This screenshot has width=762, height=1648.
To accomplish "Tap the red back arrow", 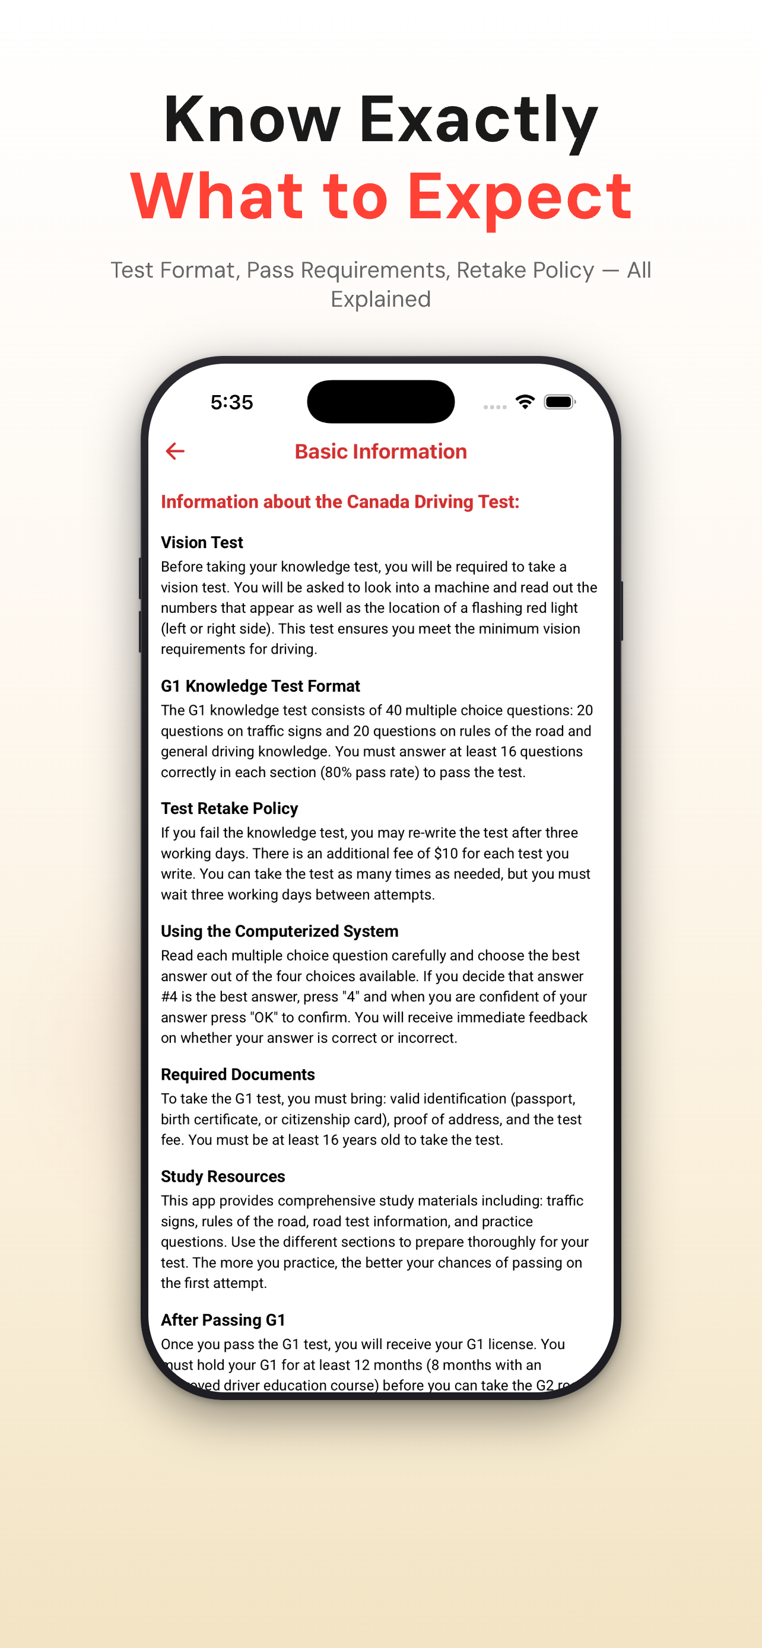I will [174, 451].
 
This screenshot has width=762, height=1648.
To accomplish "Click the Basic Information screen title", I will [380, 451].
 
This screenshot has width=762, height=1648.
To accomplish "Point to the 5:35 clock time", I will [231, 402].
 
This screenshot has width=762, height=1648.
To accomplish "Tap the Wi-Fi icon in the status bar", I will [525, 402].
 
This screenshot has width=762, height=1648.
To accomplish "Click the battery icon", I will [559, 402].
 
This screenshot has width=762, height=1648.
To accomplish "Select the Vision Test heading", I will [202, 542].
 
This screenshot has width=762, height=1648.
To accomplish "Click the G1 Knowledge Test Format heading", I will [260, 686].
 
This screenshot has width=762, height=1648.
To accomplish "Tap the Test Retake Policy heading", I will [229, 808].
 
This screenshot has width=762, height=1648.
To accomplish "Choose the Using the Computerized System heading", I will [279, 931].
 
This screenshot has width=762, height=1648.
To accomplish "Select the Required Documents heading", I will [237, 1074].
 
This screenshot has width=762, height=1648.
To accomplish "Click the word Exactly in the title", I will [478, 120].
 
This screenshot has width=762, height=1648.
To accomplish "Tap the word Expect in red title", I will [519, 197].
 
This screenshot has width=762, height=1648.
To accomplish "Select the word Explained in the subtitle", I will [380, 300].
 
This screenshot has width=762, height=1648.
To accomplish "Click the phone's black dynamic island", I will [380, 402].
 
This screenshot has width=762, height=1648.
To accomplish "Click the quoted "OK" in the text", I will [262, 1017].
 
